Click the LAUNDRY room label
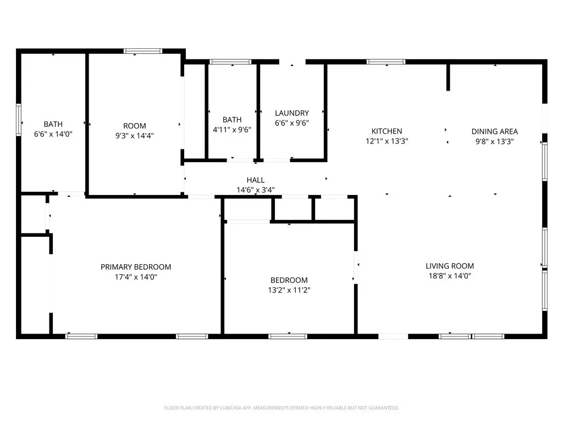[x=292, y=113]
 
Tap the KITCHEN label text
[x=387, y=131]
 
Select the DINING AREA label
[x=494, y=131]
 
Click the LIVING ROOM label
[x=449, y=266]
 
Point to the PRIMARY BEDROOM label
[x=136, y=267]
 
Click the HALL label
[x=256, y=180]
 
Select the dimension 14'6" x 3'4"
[x=256, y=190]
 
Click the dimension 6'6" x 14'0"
[x=53, y=134]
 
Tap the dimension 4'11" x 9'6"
[x=232, y=130]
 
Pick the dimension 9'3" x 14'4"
[x=135, y=136]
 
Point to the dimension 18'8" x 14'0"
[x=449, y=276]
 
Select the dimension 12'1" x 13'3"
[x=387, y=141]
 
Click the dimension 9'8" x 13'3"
[x=494, y=141]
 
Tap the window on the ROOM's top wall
[x=143, y=51]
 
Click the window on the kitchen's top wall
[x=386, y=62]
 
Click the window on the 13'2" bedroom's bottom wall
[x=288, y=336]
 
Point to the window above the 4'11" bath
[x=231, y=62]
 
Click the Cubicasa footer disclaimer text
[x=281, y=408]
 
